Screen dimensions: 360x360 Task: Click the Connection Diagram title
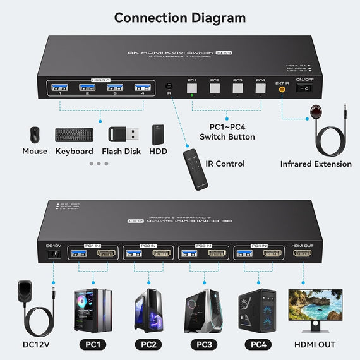pyautogui.click(x=180, y=18)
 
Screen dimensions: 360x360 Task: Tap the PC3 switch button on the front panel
pyautogui.click(x=237, y=89)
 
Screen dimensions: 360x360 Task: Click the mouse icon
pyautogui.click(x=34, y=134)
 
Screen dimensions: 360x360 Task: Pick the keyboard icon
pyautogui.click(x=74, y=135)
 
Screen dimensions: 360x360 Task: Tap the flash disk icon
pyautogui.click(x=119, y=135)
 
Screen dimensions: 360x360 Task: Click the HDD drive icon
pyautogui.click(x=158, y=135)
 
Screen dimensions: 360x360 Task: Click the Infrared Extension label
pyautogui.click(x=316, y=164)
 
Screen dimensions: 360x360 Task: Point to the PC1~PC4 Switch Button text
pyautogui.click(x=227, y=131)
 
